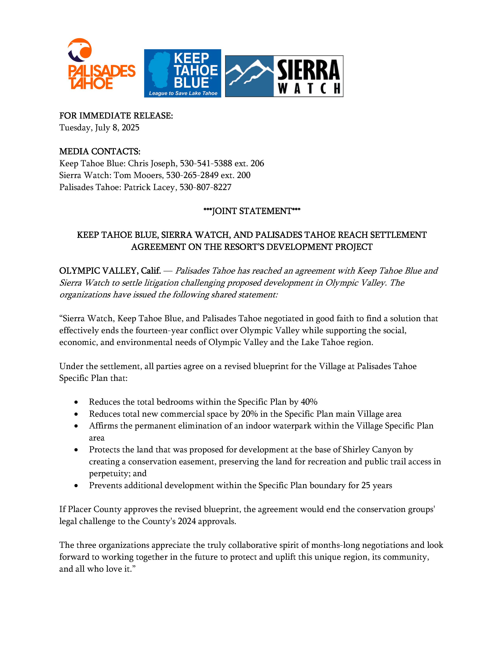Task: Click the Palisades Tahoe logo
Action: (x=101, y=64)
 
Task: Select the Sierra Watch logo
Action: (x=284, y=76)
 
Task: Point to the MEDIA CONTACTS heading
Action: (x=100, y=151)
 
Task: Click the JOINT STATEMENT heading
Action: (x=252, y=211)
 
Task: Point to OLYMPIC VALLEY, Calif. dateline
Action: (x=110, y=271)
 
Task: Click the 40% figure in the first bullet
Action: (x=309, y=402)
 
